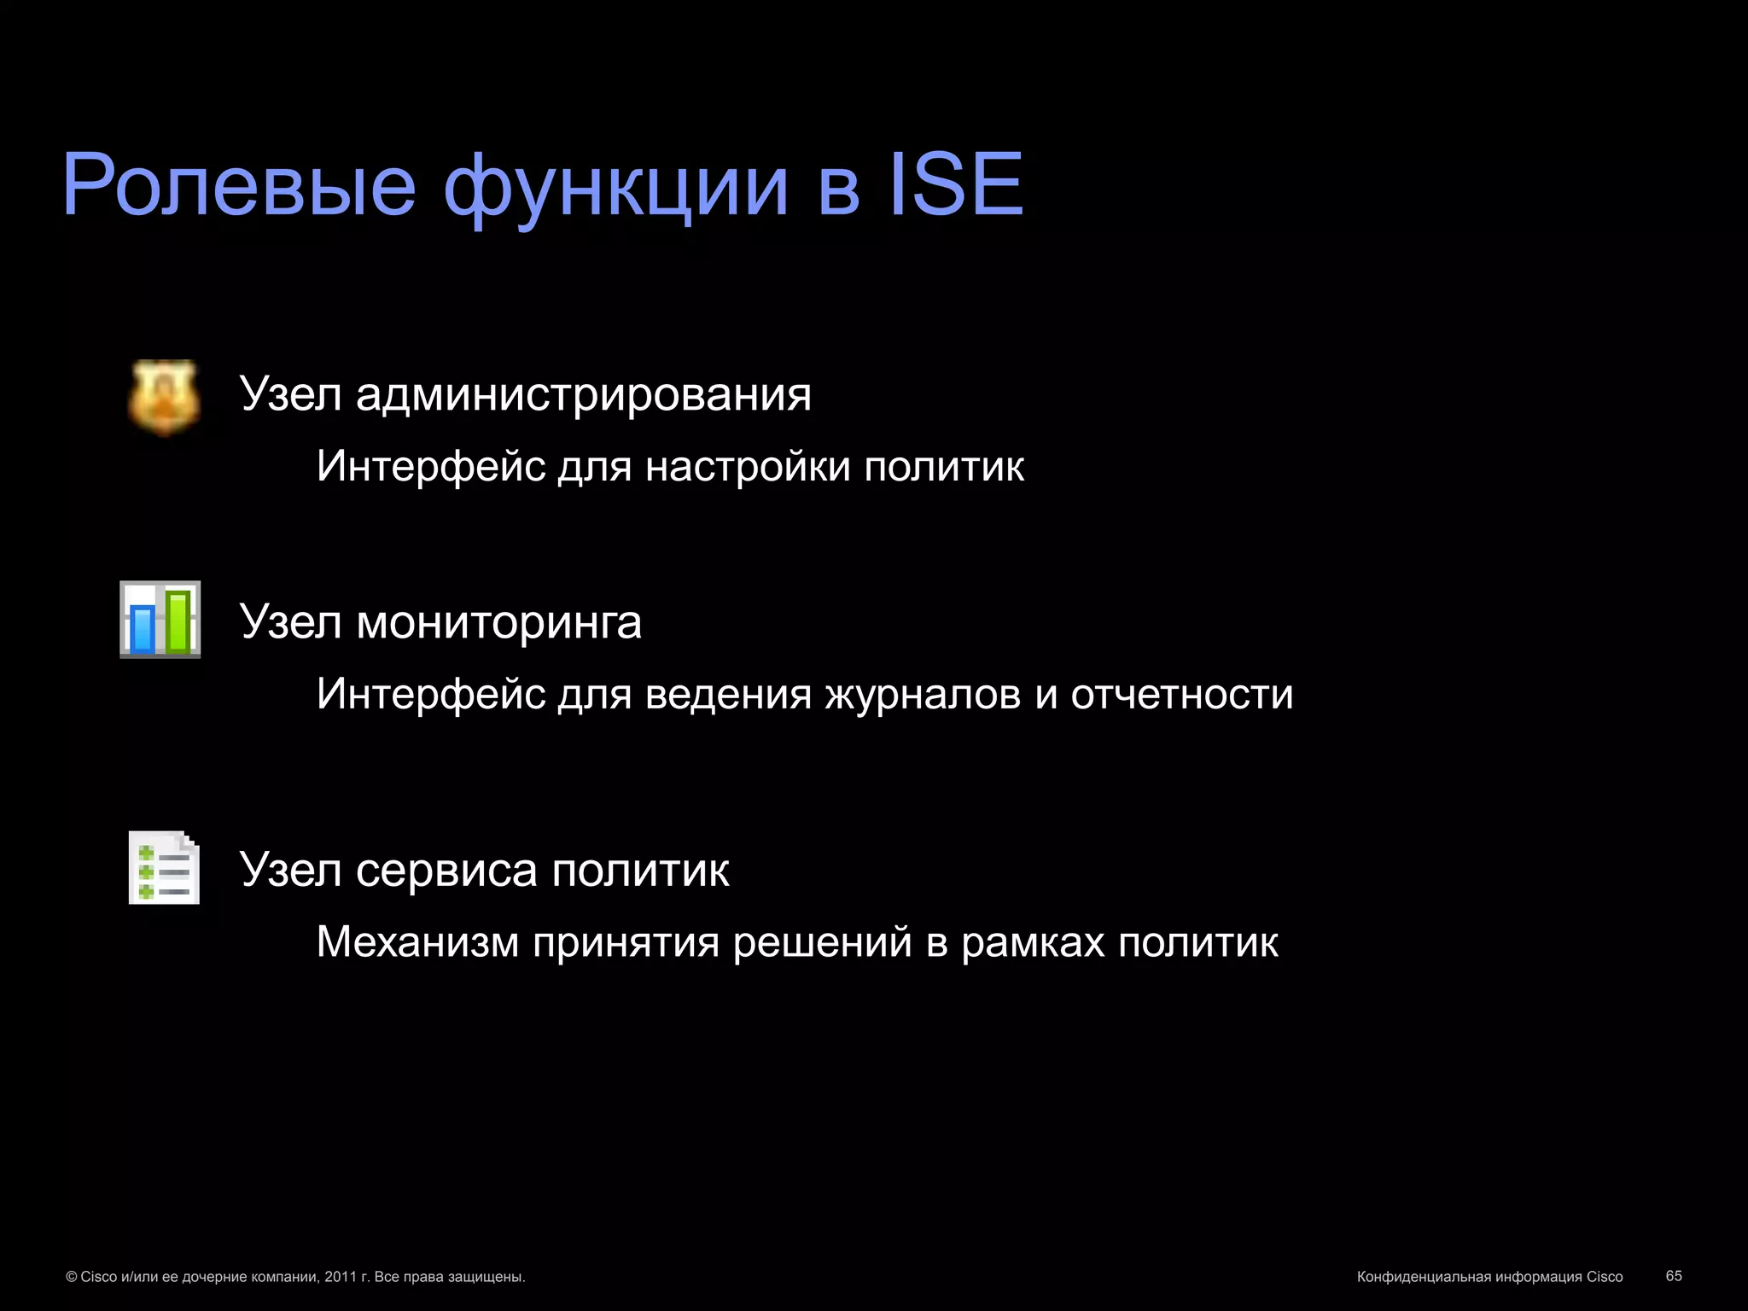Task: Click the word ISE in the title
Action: [x=956, y=185]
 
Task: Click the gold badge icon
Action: [x=164, y=397]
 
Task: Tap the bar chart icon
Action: [x=160, y=620]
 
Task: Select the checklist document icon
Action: [x=164, y=867]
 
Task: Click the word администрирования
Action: [x=584, y=395]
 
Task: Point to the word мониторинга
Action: [x=498, y=622]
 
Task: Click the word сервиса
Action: [x=446, y=871]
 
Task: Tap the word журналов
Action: [x=923, y=694]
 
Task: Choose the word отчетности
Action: [x=1182, y=694]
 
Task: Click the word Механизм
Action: [x=417, y=942]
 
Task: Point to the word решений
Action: [x=822, y=943]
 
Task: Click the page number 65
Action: [x=1674, y=1275]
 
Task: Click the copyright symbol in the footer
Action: [x=72, y=1277]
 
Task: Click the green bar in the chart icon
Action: [x=178, y=621]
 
